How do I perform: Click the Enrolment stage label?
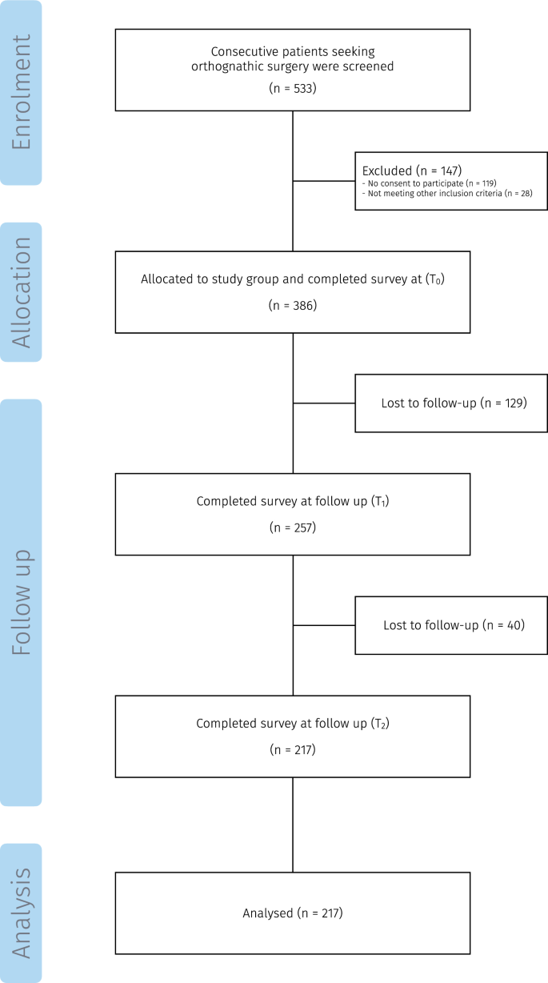point(21,92)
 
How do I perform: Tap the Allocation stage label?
point(21,292)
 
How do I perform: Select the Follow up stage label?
point(21,602)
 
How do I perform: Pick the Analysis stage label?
point(21,913)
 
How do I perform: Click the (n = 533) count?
point(293,88)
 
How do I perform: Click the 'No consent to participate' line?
point(430,183)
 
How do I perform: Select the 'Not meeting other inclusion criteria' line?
point(447,194)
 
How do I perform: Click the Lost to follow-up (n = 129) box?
point(451,403)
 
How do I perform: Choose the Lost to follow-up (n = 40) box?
point(451,624)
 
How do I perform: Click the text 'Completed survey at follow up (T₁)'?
point(293,501)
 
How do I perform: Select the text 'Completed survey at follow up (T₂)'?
point(293,723)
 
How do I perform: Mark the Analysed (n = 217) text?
point(293,913)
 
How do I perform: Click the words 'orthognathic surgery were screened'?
point(293,66)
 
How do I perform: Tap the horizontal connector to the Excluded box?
point(324,181)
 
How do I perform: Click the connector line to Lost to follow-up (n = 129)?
point(324,403)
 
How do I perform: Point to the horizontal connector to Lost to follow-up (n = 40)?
point(324,624)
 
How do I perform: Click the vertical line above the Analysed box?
point(293,825)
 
